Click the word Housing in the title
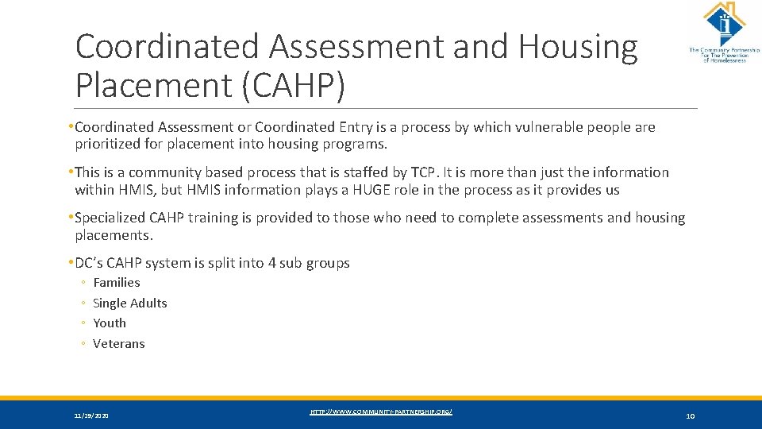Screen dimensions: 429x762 tap(578, 48)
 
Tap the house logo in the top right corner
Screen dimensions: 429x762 tap(723, 24)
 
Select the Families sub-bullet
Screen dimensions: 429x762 tap(116, 283)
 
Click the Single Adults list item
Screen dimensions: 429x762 tap(129, 303)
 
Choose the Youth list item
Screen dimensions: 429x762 tap(110, 323)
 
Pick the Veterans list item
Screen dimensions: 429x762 tap(118, 344)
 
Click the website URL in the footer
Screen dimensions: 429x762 tap(381, 412)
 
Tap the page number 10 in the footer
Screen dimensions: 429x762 tap(689, 416)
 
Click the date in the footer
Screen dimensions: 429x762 tap(91, 416)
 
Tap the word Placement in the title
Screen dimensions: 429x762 tap(152, 85)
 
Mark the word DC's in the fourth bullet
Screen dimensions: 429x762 tap(88, 263)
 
